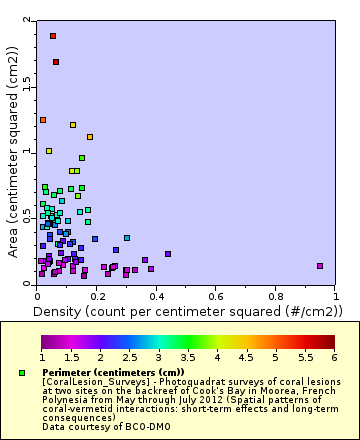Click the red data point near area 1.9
point(53,36)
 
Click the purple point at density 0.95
point(320,266)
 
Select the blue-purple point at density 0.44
point(168,254)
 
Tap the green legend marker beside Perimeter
point(22,373)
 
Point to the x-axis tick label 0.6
point(216,297)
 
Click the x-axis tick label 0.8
point(276,297)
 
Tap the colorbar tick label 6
point(334,357)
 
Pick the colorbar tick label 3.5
point(188,357)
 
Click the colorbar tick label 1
point(42,357)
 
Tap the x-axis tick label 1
point(335,297)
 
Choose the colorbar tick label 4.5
point(246,357)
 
